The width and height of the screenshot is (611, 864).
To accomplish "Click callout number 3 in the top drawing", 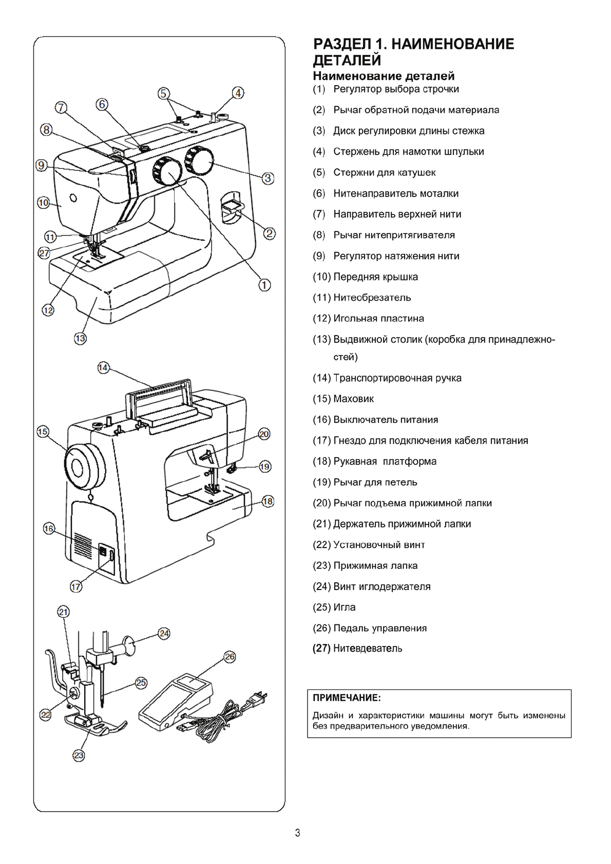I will click(x=268, y=178).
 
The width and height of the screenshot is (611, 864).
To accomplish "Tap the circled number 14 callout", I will click(x=103, y=367).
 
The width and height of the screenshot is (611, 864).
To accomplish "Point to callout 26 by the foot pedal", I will click(x=230, y=657).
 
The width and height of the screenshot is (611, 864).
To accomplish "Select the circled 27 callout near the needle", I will click(x=44, y=252).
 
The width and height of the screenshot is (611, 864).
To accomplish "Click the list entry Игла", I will click(x=344, y=607).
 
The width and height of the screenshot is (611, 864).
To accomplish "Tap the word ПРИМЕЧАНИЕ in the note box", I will click(x=347, y=698).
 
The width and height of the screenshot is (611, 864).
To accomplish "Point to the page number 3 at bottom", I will click(x=298, y=833).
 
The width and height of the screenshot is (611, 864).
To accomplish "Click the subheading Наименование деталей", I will click(x=384, y=76).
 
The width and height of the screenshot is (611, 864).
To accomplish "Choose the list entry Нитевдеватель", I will click(x=368, y=649).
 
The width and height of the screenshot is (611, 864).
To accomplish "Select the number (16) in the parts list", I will click(x=321, y=420).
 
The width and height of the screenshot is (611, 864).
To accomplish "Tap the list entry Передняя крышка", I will click(x=375, y=277).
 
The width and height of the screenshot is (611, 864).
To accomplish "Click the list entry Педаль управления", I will click(x=380, y=628).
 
